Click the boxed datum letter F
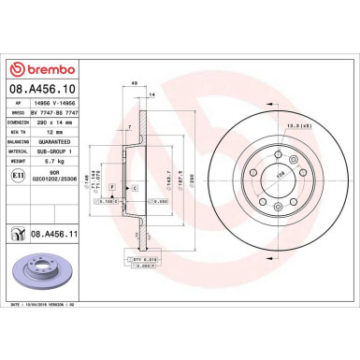[112, 188]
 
